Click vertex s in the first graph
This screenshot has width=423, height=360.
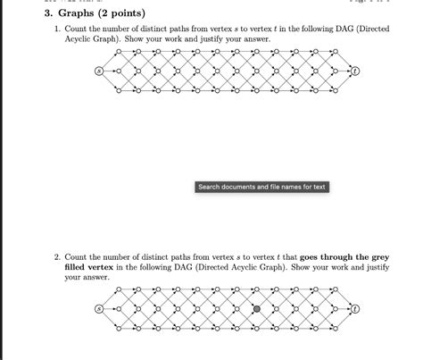coord(98,70)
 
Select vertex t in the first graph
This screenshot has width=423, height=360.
coord(354,70)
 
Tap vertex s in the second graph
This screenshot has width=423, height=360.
coord(98,309)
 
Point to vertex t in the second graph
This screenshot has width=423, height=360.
coord(354,309)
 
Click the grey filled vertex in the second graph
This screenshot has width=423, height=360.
coord(257,309)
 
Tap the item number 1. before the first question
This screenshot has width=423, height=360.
coord(57,29)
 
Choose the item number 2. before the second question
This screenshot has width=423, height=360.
coord(57,255)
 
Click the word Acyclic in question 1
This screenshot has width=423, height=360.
coord(79,41)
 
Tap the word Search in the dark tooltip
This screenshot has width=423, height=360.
coord(210,187)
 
